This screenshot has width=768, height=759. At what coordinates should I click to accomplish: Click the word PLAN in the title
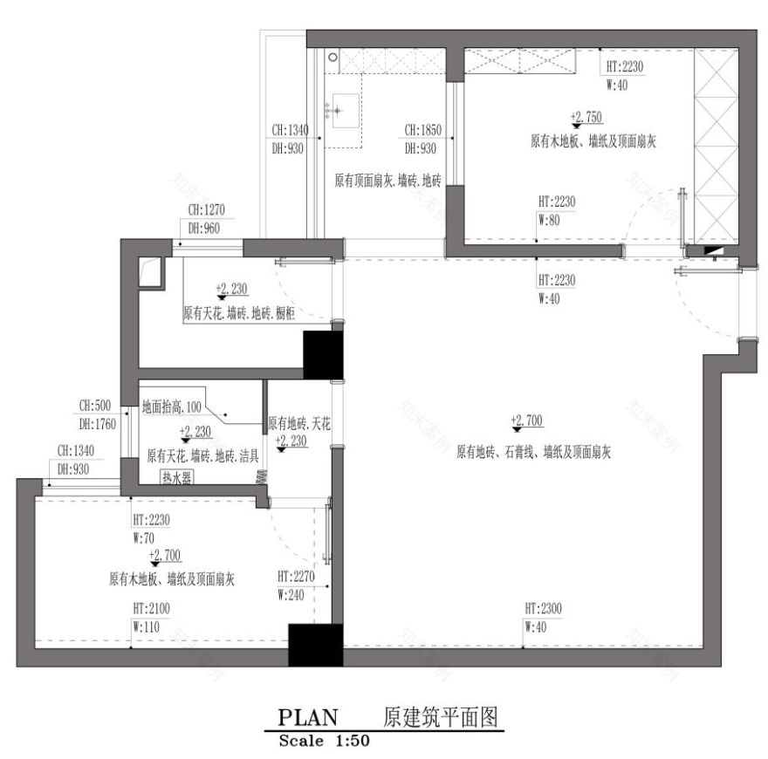(x=307, y=717)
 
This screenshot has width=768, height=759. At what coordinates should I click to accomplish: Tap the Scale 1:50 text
(x=325, y=742)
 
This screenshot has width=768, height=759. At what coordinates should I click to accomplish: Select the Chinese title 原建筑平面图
(x=441, y=717)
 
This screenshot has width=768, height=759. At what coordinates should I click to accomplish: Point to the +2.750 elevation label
(x=586, y=116)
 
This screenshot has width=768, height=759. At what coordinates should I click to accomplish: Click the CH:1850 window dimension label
(x=423, y=131)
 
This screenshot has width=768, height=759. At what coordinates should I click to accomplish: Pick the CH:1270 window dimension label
(x=207, y=209)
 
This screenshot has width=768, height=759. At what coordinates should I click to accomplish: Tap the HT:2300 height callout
(x=543, y=607)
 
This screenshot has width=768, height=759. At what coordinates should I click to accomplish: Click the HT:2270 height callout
(x=296, y=577)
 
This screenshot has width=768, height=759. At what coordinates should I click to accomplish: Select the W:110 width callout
(x=146, y=626)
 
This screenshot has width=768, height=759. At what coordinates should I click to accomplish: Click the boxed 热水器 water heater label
(x=176, y=477)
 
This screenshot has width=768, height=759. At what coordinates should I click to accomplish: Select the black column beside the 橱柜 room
(x=320, y=354)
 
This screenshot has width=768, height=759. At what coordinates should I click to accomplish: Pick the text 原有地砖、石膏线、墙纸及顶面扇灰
(x=532, y=452)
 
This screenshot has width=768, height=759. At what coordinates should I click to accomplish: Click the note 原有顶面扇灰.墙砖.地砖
(x=387, y=181)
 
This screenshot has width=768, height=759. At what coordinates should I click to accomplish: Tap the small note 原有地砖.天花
(x=298, y=423)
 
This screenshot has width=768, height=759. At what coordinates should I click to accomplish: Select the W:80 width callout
(x=549, y=220)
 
